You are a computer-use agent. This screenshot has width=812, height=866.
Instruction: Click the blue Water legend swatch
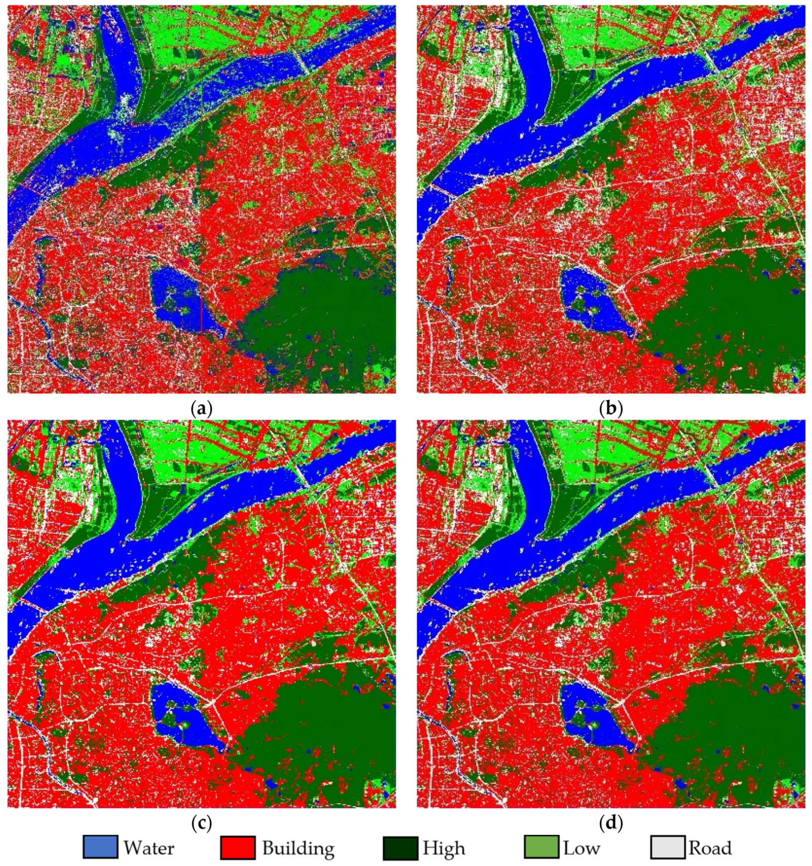click(100, 847)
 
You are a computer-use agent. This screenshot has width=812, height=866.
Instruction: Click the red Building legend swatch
click(238, 847)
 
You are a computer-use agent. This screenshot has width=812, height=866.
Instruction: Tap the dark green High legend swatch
click(400, 847)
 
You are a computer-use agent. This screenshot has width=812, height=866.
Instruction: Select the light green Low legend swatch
click(541, 847)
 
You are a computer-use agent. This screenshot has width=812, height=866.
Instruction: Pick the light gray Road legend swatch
click(667, 847)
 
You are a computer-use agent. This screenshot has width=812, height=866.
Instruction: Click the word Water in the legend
click(148, 848)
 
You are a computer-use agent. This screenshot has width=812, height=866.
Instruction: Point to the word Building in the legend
click(298, 848)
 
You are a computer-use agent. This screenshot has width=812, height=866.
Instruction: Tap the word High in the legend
click(443, 848)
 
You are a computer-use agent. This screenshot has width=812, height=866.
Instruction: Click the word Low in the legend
click(581, 848)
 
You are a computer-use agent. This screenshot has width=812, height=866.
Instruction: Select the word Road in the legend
click(710, 848)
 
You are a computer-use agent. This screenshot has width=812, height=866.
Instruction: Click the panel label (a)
click(202, 409)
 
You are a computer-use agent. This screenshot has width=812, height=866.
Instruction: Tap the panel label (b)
click(611, 409)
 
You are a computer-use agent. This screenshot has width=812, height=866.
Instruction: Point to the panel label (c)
click(202, 823)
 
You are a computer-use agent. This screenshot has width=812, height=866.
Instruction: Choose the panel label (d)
click(611, 823)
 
